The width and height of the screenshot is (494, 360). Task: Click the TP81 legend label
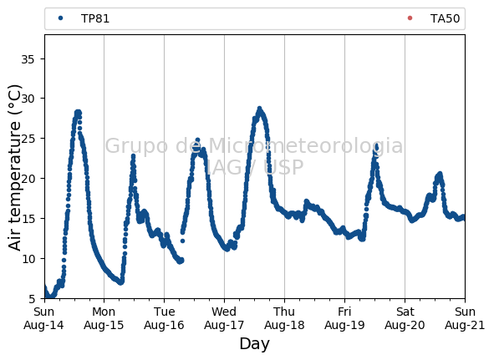(95, 19)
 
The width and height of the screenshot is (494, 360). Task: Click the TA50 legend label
(445, 19)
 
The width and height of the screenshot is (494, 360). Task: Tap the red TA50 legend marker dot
(410, 18)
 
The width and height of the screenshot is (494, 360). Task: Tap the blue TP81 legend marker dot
(61, 18)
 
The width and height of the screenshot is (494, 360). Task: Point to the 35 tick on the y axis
(28, 59)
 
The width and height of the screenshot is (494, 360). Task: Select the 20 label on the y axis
(28, 178)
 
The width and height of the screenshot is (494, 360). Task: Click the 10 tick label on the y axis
(28, 258)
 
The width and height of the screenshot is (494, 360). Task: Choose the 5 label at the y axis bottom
(32, 298)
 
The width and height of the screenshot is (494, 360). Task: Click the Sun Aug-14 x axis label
(43, 318)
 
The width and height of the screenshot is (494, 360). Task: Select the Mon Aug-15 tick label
(104, 318)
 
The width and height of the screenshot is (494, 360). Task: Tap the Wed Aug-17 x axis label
(224, 318)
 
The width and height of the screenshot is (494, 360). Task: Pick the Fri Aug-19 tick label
(344, 318)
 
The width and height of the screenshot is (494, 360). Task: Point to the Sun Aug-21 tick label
(465, 318)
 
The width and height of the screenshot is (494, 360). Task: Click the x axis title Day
(255, 344)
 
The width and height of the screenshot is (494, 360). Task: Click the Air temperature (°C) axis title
(14, 168)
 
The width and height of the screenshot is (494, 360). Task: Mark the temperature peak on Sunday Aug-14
(78, 113)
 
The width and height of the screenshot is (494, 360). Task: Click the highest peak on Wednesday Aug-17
(260, 109)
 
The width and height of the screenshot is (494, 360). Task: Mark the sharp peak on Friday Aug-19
(376, 146)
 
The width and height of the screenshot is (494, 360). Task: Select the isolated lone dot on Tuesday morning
(182, 241)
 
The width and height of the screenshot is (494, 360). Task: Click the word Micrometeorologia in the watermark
(306, 145)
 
